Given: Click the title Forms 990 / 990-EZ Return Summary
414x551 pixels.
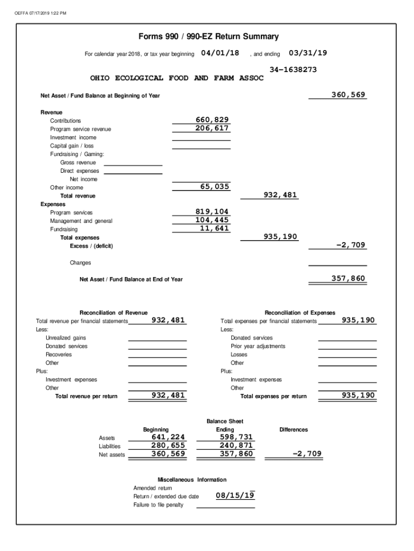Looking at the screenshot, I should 209,37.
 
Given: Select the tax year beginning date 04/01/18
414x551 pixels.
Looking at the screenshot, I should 220,53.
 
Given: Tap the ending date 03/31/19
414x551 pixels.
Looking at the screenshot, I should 308,53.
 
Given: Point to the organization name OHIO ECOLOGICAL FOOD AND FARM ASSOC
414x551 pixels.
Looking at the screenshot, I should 177,78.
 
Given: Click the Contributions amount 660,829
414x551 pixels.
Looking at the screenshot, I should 212,120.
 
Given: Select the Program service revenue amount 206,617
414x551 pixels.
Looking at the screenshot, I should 212,129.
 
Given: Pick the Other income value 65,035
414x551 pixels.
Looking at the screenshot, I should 215,187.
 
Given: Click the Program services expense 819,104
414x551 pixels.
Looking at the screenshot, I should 212,212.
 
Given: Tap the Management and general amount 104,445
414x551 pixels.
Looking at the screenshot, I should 212,220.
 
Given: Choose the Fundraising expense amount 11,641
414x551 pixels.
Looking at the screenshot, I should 215,228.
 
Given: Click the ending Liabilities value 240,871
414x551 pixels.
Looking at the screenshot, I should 236,446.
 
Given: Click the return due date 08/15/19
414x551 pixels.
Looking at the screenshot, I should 235,495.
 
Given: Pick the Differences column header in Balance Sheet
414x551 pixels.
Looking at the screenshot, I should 294,429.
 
